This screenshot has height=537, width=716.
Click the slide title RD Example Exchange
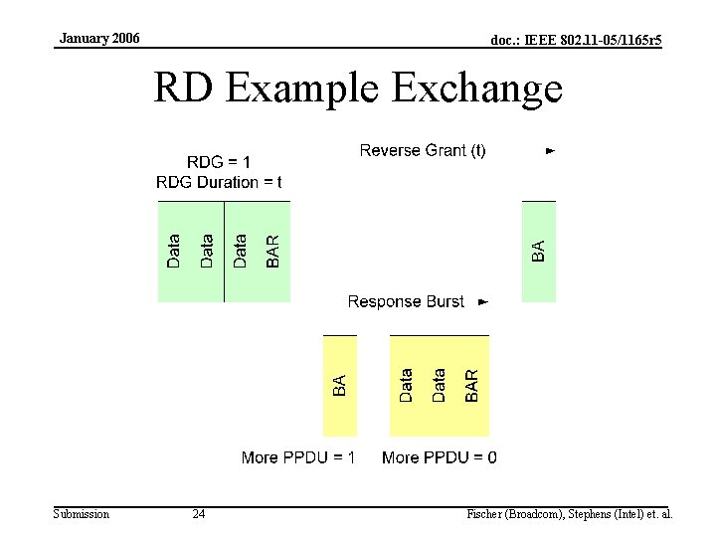(x=357, y=89)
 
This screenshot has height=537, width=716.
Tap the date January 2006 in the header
(x=99, y=39)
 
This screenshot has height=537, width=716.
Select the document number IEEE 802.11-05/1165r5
(x=577, y=40)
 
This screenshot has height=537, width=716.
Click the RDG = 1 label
(x=219, y=162)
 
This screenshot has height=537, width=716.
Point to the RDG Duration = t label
(x=219, y=182)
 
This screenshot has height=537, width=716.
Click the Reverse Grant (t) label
(x=423, y=150)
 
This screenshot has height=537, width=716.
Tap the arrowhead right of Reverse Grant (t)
(x=550, y=151)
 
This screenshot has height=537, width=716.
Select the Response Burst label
(x=406, y=301)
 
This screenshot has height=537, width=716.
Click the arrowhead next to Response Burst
(x=483, y=301)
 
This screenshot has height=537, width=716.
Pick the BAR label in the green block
(x=273, y=251)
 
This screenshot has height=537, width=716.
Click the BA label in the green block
(x=538, y=252)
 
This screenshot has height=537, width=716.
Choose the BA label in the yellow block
(x=339, y=386)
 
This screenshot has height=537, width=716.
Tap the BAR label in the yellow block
(x=472, y=386)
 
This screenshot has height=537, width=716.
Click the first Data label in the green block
(x=175, y=251)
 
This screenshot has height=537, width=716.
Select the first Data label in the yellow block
(x=407, y=386)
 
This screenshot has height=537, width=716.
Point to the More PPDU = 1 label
(x=298, y=457)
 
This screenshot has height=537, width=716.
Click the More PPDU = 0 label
(x=440, y=457)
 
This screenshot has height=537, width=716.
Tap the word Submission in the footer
(x=82, y=514)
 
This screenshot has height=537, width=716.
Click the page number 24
(x=199, y=514)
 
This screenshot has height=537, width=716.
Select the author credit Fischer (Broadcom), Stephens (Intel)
(x=570, y=514)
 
